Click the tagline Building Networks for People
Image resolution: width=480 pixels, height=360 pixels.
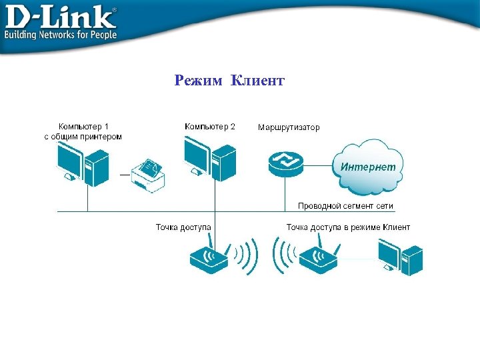coord(61,35)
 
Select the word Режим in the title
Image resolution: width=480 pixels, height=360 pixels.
coord(199,81)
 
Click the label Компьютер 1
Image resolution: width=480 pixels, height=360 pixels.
coord(83,126)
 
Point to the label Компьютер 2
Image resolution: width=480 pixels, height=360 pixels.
coord(210,126)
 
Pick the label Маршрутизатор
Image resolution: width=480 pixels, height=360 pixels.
coord(289,127)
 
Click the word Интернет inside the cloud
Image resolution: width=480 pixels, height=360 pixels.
coord(368,167)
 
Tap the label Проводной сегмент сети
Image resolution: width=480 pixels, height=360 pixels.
coord(345,206)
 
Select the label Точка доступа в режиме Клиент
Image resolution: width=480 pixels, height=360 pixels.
coord(348,227)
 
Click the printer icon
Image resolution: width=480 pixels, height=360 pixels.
coord(148,175)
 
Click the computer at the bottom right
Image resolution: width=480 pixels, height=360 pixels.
coord(400,257)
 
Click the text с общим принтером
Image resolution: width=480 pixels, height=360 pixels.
coord(83,137)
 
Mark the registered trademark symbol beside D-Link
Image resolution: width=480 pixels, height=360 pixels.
coord(113,10)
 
